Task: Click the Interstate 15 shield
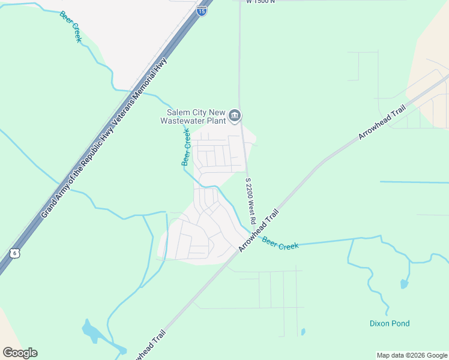202,10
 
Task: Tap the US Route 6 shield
16,253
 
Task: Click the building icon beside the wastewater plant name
235,115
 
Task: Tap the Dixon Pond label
389,323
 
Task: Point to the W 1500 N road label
260,2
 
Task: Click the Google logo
20,352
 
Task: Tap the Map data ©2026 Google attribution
412,355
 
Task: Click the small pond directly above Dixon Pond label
403,284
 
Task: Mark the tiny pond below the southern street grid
303,331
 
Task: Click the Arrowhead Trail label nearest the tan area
382,122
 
